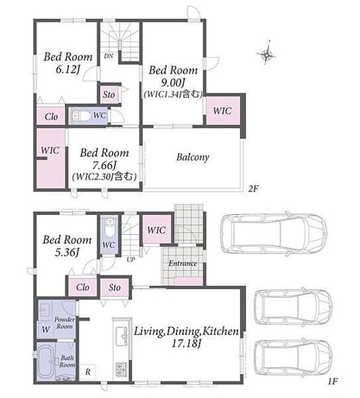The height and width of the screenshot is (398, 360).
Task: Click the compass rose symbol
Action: pos(267,54)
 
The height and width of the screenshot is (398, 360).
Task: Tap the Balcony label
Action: pos(192,157)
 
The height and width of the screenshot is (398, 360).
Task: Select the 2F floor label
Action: pos(253,188)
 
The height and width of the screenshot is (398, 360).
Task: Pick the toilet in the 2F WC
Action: pos(81,116)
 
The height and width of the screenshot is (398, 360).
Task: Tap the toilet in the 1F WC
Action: pos(109,228)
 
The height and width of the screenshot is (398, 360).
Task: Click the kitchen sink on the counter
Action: pos(121,336)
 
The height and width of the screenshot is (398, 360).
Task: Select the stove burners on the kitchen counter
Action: pos(121,369)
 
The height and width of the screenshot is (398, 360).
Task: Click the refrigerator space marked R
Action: pos(88,372)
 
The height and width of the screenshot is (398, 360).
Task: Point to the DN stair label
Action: pos(109,56)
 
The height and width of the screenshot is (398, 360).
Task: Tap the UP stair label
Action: pos(131,259)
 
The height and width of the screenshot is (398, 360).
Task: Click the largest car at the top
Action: pos(274,233)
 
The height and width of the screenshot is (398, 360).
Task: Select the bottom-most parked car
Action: pos(293,357)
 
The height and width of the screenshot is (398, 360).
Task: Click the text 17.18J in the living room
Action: pos(186,344)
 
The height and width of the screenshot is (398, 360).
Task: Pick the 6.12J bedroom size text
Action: pos(67,69)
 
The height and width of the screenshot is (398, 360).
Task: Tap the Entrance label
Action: pos(183,263)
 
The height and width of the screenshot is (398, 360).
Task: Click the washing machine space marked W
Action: pos(46,330)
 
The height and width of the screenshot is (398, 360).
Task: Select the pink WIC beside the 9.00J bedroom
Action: pos(223,111)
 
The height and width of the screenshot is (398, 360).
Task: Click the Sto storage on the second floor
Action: pos(109,95)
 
